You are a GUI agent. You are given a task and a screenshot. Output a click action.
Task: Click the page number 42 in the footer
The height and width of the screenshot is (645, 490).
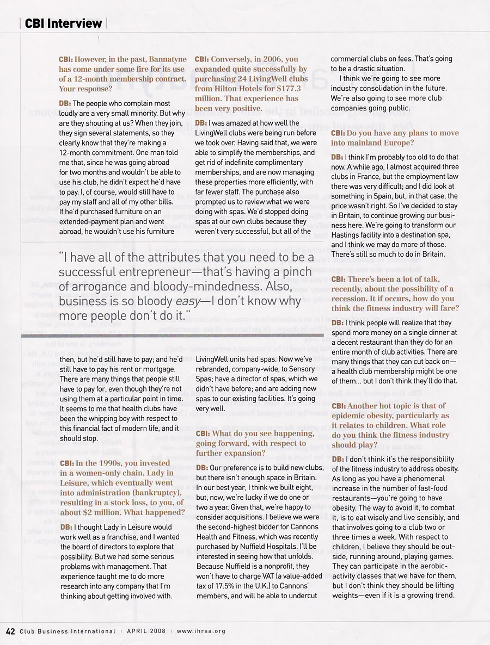[x=11, y=631]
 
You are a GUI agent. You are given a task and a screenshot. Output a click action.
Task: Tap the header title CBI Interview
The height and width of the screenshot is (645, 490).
[x=63, y=23]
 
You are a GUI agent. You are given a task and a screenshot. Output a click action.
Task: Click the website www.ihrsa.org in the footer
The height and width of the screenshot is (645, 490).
[x=201, y=631]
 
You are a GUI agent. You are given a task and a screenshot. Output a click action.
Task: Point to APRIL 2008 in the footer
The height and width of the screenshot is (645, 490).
[x=146, y=631]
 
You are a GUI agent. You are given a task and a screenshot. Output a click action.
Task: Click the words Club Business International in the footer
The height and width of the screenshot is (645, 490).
[x=67, y=631]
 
